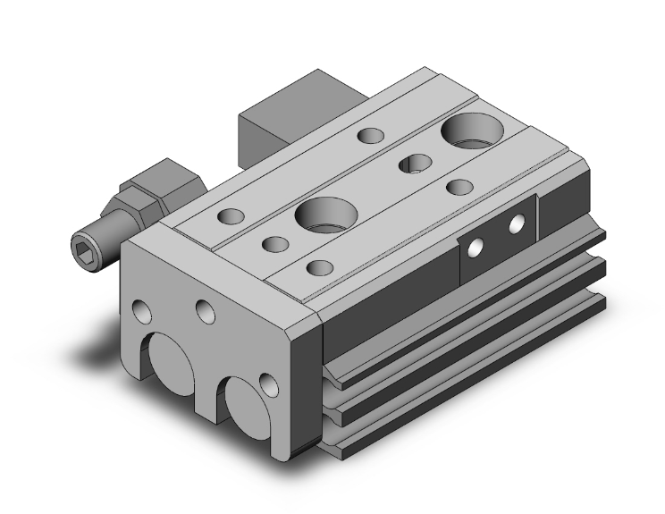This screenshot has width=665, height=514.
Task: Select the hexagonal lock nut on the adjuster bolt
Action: (x=156, y=181)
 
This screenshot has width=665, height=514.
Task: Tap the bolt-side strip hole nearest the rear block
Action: (x=370, y=136)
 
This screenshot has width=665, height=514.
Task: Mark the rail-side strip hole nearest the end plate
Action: (x=318, y=267)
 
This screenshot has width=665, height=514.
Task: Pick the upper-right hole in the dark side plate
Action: (x=517, y=224)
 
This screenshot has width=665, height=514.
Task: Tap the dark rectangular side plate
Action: (x=498, y=236)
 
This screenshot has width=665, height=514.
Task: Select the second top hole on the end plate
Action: (x=206, y=312)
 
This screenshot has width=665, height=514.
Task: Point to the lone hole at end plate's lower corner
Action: (x=267, y=385)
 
